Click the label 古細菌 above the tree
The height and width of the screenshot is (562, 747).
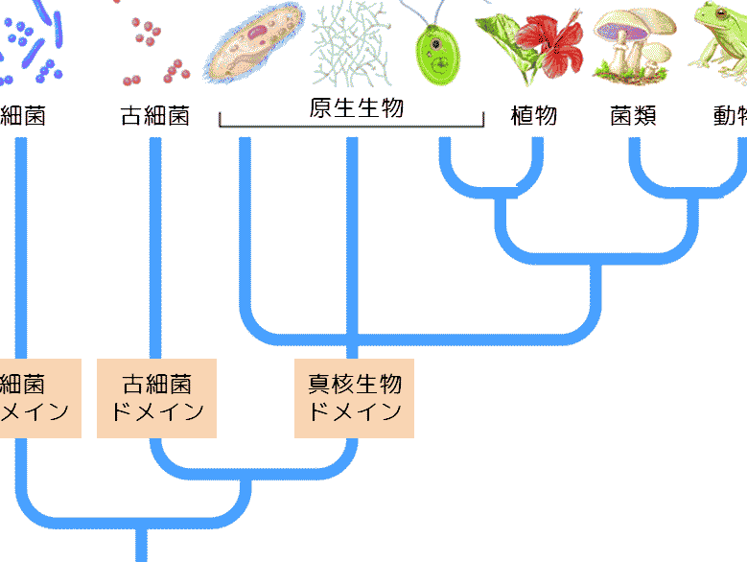[154, 117]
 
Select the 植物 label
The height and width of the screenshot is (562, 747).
[534, 117]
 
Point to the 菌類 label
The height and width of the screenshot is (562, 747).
[634, 117]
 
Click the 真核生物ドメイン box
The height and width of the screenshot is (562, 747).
[354, 398]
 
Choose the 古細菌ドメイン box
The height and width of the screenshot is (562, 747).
[157, 398]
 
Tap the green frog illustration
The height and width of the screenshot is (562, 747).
[719, 43]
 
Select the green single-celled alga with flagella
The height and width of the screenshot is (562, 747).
[435, 53]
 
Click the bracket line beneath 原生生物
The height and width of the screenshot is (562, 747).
[352, 126]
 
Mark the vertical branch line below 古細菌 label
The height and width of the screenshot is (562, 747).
[154, 240]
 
